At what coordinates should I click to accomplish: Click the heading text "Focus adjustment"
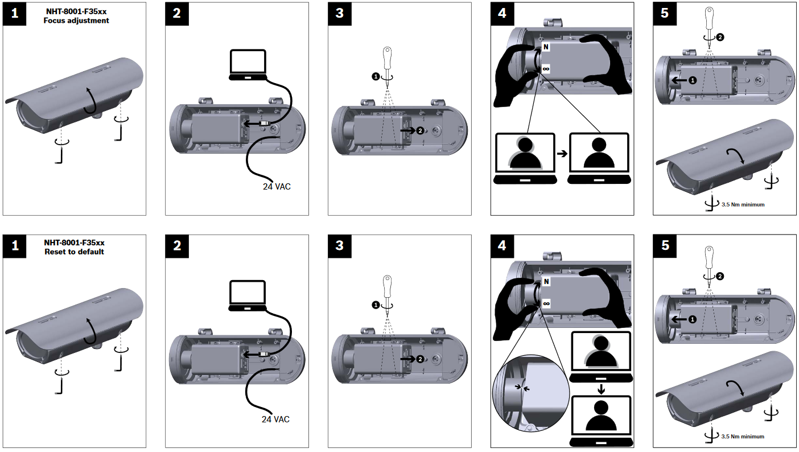coord(76,20)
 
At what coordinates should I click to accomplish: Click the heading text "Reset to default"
coord(75,252)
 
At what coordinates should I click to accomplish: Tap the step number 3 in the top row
coord(340,14)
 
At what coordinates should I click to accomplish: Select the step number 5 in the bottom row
coord(665,245)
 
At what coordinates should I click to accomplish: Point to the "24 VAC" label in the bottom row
coord(275,419)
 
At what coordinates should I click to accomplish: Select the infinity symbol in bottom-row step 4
coord(546,303)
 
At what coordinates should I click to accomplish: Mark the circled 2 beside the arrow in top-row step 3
coord(420,130)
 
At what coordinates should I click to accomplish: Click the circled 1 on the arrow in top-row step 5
coord(692,81)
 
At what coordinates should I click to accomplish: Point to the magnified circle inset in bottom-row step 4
coord(530,393)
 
